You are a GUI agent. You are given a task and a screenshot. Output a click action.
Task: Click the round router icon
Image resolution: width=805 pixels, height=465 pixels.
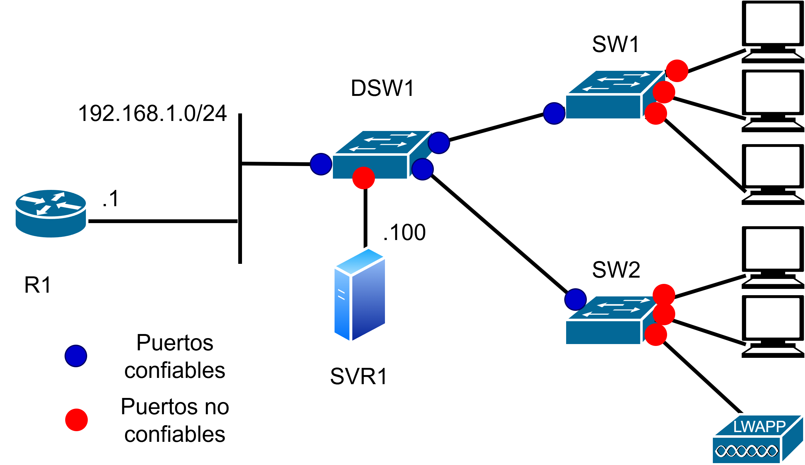tap(50, 213)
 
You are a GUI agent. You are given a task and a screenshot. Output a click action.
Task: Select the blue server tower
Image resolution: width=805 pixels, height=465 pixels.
tap(360, 295)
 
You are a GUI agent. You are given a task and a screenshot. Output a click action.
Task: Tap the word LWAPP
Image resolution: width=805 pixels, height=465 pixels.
tap(759, 427)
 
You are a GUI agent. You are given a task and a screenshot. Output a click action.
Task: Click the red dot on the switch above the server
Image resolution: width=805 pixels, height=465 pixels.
tap(364, 178)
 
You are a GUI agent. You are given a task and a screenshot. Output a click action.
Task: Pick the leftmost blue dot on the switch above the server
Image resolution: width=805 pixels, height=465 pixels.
tap(321, 164)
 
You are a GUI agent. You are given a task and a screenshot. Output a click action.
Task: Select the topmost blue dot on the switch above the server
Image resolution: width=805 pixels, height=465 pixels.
tap(439, 143)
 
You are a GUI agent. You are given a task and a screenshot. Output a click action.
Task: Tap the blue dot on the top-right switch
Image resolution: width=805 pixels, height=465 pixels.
tap(554, 113)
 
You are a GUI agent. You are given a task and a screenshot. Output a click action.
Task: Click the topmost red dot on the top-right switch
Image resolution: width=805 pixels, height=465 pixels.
tap(677, 71)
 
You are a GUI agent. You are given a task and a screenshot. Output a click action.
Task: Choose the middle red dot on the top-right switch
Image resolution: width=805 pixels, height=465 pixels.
tap(664, 92)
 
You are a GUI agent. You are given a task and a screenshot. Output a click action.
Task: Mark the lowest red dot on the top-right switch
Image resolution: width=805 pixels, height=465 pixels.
tap(656, 113)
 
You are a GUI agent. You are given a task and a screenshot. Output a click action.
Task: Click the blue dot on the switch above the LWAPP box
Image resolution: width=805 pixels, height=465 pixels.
tap(575, 300)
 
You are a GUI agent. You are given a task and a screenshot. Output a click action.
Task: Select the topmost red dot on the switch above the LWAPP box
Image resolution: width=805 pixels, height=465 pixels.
tap(664, 295)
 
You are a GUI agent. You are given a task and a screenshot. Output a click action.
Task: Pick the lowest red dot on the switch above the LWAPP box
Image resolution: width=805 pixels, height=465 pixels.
tap(656, 335)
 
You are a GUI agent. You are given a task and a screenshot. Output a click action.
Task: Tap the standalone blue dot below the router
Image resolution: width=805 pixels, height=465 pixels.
tap(76, 356)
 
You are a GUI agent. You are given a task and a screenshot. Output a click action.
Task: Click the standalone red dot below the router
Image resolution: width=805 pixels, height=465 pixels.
tap(76, 420)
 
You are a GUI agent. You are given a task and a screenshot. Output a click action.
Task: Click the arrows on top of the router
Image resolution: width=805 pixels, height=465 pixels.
tap(50, 203)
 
